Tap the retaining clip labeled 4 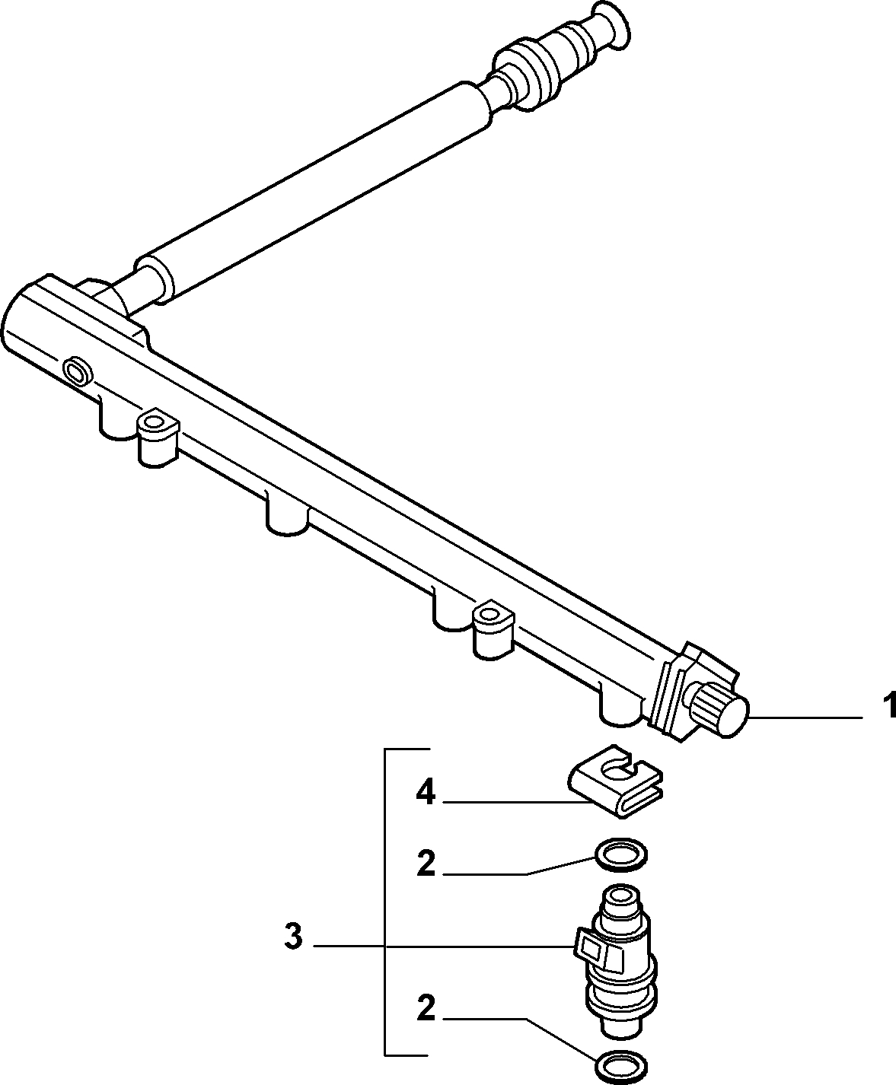tap(616, 791)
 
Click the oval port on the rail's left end tap(78, 371)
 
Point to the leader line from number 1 tap(805, 717)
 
